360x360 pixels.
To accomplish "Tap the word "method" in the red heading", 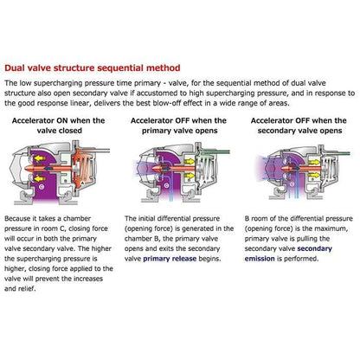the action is (x=164, y=68).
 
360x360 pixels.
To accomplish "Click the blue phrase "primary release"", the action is (x=170, y=259).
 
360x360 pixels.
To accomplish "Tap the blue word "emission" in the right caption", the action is (x=260, y=259).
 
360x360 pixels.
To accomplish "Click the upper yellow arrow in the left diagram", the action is (x=41, y=158).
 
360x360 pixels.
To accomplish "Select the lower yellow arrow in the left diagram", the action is (x=41, y=179).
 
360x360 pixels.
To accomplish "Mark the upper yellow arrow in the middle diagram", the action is (x=190, y=161).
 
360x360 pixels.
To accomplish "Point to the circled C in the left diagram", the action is (x=42, y=187).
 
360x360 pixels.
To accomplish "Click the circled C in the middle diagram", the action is (x=166, y=185).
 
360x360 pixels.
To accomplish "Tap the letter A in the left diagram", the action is (x=82, y=183).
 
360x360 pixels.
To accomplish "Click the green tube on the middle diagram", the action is (x=215, y=151).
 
